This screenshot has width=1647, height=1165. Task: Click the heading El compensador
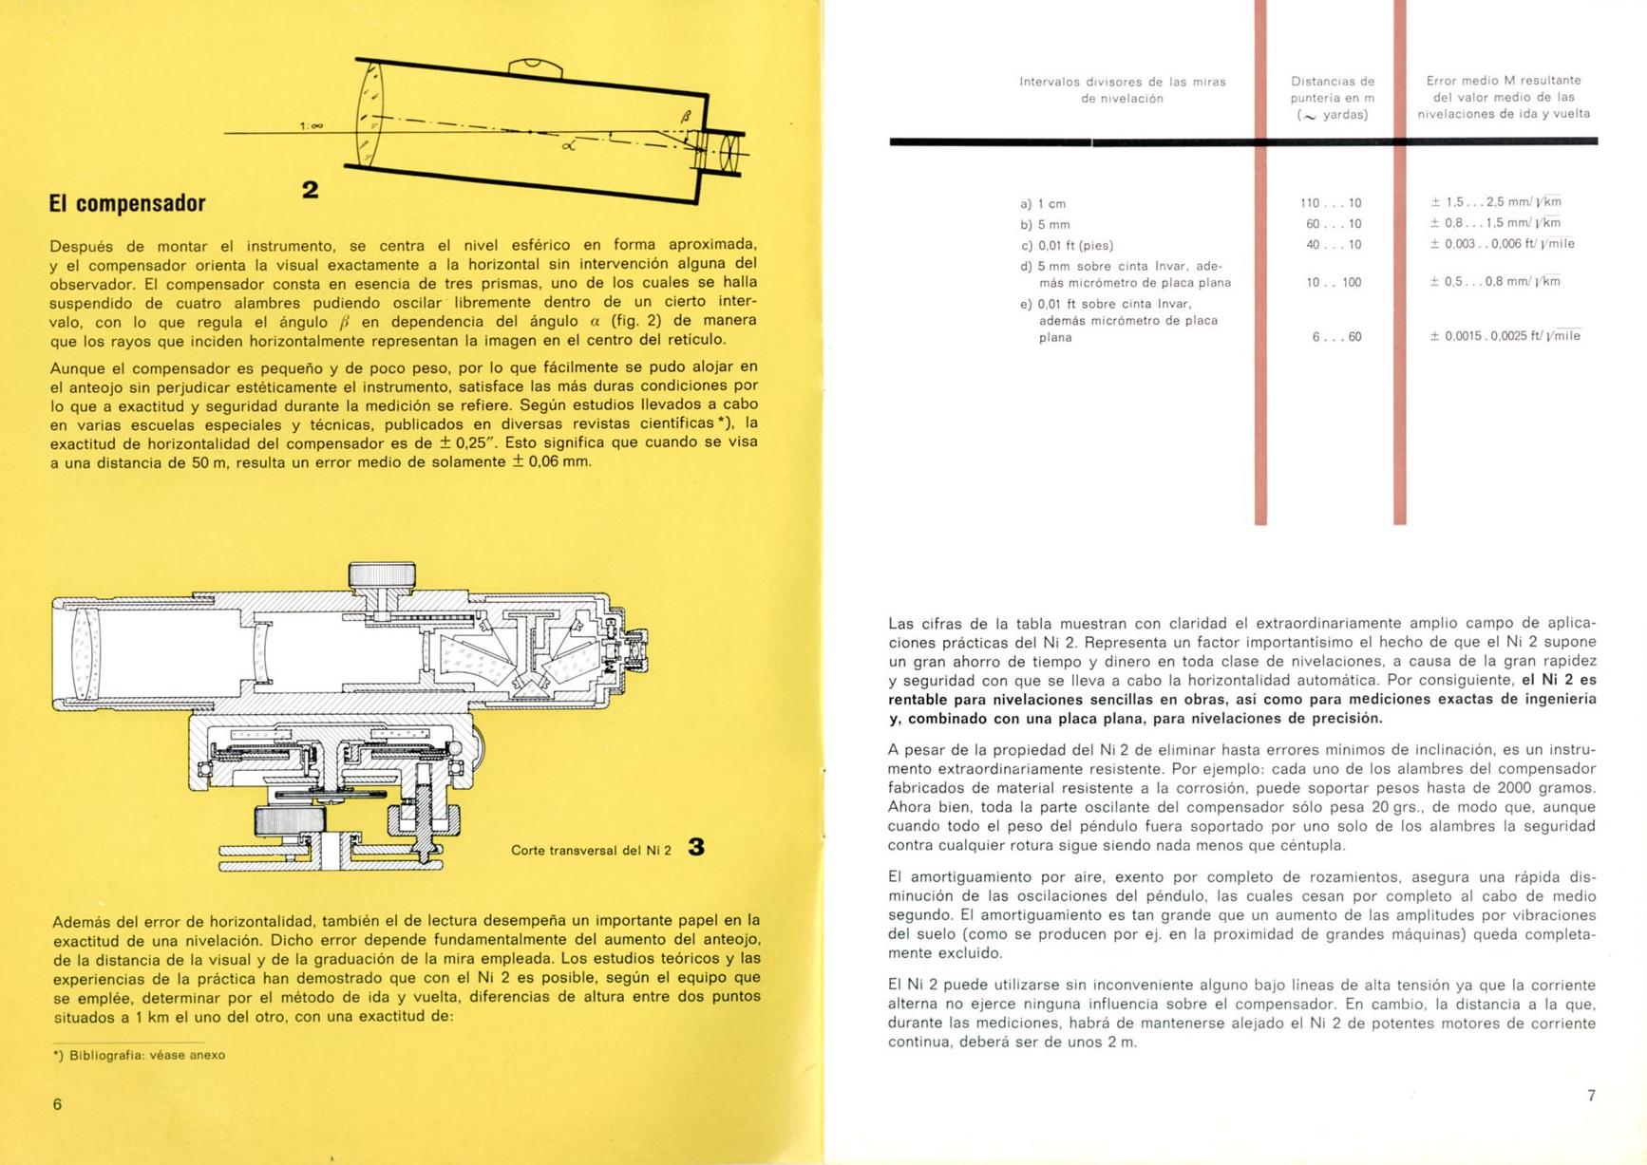click(x=127, y=203)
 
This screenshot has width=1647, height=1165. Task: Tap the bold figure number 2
click(x=310, y=190)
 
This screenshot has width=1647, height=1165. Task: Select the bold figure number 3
click(x=696, y=847)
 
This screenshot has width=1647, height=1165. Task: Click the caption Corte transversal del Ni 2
click(x=591, y=850)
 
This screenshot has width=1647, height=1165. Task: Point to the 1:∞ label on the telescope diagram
click(x=312, y=125)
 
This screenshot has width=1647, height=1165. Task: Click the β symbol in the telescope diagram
click(x=686, y=117)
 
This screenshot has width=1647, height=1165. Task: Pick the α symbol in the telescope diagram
click(x=569, y=145)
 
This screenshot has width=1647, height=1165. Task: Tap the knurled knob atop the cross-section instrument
click(x=382, y=575)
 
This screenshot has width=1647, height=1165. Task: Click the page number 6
click(x=57, y=1104)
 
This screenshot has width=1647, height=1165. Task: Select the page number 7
click(x=1591, y=1096)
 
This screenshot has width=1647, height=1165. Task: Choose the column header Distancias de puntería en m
click(x=1333, y=98)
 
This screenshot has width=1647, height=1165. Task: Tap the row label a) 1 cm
click(x=1043, y=204)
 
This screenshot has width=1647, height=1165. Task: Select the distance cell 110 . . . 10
click(x=1331, y=203)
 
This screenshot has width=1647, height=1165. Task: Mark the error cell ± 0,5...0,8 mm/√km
click(x=1496, y=281)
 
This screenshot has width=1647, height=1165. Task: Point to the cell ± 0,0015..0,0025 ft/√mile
click(x=1505, y=335)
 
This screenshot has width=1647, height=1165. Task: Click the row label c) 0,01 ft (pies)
click(x=1067, y=246)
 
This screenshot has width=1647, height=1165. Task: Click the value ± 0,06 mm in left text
click(x=551, y=462)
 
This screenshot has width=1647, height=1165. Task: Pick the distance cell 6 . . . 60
click(x=1336, y=337)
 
